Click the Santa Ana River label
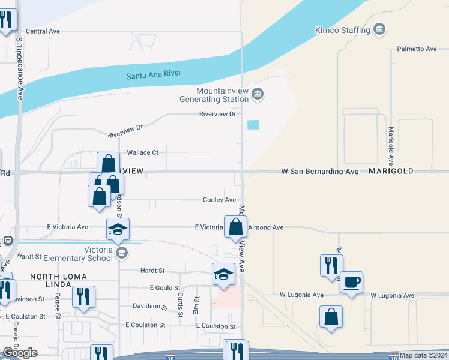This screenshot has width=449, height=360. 154,75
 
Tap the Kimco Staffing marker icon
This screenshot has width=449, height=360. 379,29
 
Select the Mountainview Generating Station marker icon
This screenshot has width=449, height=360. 258,93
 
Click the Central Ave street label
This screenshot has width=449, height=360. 43,31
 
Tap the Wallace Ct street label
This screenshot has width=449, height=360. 142,152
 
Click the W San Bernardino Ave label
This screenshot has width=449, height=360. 320,172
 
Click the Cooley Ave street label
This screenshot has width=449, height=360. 219,200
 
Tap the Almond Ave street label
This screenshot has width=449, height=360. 265,227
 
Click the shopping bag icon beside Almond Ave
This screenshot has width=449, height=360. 237,227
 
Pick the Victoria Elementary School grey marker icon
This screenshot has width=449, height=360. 122,253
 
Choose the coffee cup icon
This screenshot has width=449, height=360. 351,281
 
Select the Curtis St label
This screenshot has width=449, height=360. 179,296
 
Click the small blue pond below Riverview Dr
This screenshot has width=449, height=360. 253,125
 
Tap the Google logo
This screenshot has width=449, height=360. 20,353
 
